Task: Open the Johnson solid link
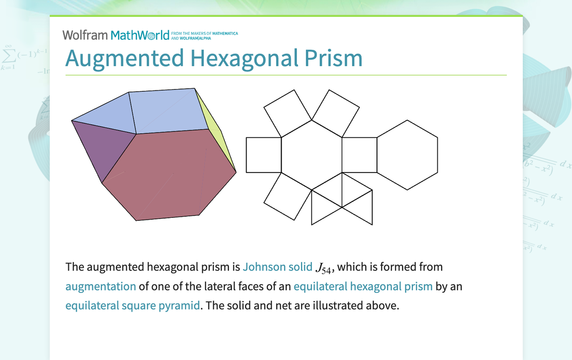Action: tap(278, 267)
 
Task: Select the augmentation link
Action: tap(100, 286)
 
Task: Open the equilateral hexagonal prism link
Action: tap(363, 286)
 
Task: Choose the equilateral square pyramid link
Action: tap(132, 305)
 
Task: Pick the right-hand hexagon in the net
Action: tap(407, 155)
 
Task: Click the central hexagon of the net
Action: tap(312, 155)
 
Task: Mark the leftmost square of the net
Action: tap(264, 155)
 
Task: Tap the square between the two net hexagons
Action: tap(359, 155)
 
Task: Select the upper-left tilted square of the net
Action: tap(288, 113)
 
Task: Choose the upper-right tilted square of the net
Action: tap(335, 113)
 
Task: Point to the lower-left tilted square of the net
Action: tap(287, 196)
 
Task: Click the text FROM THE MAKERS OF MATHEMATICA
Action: tap(204, 33)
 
